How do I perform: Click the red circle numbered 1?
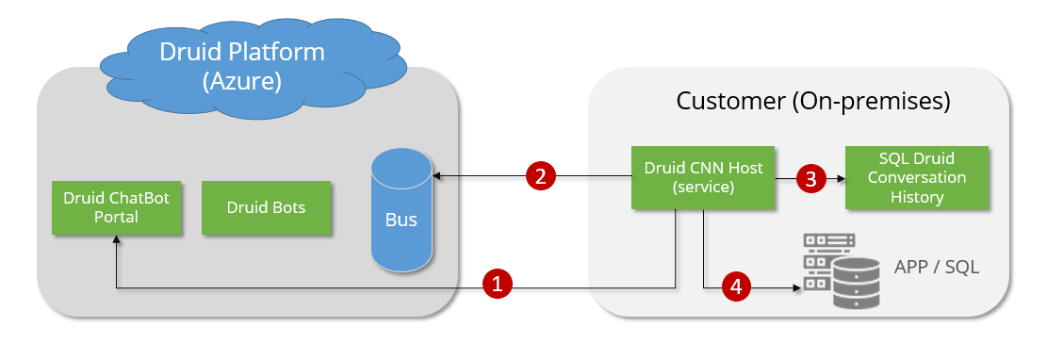[498, 283]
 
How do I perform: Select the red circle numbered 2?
[541, 176]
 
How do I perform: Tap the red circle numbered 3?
[810, 179]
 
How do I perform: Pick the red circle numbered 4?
[736, 286]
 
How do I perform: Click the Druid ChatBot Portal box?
[116, 207]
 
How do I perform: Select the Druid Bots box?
[266, 207]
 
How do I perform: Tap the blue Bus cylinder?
[401, 210]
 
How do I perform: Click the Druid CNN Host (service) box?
[703, 177]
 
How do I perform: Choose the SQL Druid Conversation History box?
[917, 178]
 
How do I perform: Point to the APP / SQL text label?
[937, 267]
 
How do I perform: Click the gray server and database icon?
[842, 270]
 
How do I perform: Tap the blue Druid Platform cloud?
[253, 67]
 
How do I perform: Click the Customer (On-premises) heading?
[812, 101]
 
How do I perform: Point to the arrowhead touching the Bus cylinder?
[436, 176]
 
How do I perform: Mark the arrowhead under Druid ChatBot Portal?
[116, 239]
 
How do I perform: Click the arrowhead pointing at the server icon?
[797, 287]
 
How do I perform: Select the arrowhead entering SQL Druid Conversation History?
[841, 179]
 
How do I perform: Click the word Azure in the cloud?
[241, 81]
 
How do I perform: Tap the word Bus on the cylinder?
[401, 219]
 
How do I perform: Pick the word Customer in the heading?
[730, 101]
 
